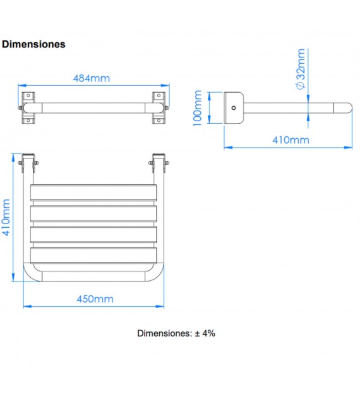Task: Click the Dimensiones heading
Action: coord(34,44)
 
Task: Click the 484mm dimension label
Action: coord(92,78)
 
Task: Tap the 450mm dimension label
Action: coord(95,299)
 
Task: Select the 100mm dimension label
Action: coord(198,108)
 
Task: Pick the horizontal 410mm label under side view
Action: coord(291,140)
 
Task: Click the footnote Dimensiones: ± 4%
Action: coord(176,333)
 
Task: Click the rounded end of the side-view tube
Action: coord(346,108)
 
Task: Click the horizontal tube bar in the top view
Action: coord(93,107)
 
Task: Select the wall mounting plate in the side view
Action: coord(234,108)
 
